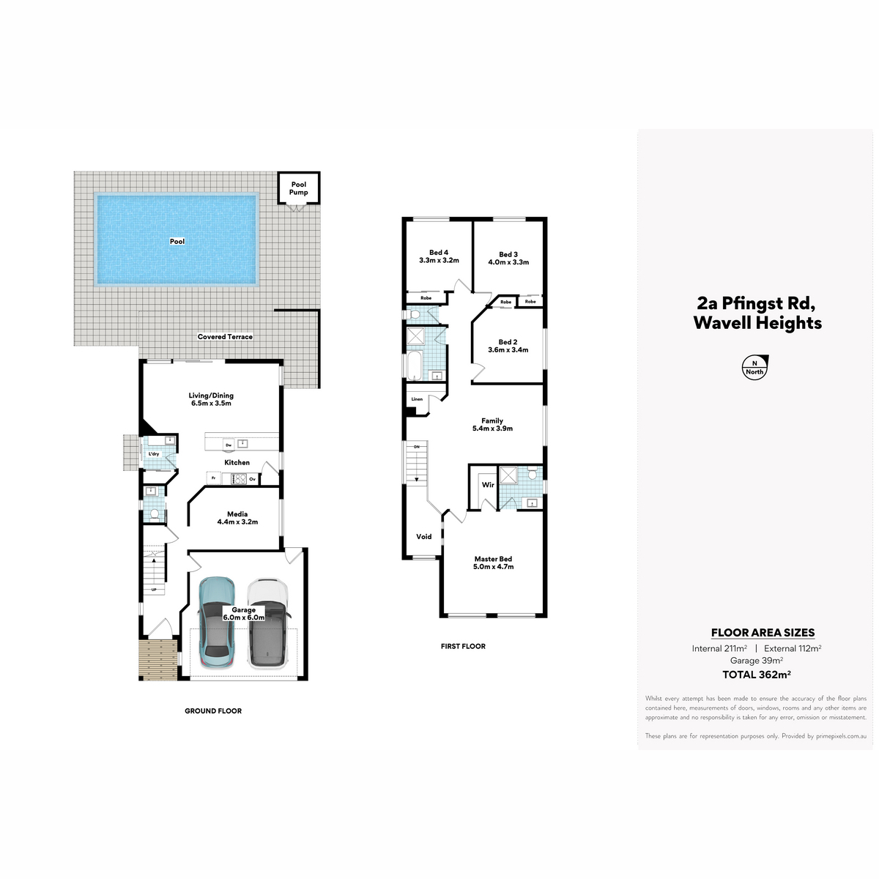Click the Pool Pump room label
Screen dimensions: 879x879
click(x=298, y=188)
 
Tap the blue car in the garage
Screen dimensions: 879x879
click(x=217, y=623)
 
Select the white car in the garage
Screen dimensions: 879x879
click(x=267, y=623)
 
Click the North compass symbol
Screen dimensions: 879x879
click(x=755, y=367)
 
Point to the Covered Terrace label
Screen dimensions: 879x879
click(x=225, y=337)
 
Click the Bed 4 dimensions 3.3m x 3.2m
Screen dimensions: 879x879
click(x=439, y=261)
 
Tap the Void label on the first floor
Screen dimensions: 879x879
click(x=424, y=536)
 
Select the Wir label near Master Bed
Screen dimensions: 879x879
click(x=488, y=485)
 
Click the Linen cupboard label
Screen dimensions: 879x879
click(x=417, y=399)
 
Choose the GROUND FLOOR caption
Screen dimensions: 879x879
click(x=213, y=711)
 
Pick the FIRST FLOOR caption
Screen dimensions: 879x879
click(x=463, y=646)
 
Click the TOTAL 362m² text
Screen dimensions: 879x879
click(x=756, y=675)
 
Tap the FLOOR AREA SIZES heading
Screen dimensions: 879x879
click(x=763, y=633)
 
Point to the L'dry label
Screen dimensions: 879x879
click(x=154, y=454)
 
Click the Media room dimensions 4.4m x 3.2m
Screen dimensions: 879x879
click(x=237, y=522)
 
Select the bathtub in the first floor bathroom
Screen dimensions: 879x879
click(x=415, y=365)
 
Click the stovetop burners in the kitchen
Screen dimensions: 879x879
click(x=240, y=479)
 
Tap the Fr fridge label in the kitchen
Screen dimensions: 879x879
click(x=213, y=478)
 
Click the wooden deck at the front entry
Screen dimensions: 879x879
click(x=157, y=659)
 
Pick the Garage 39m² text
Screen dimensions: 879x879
click(x=756, y=661)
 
